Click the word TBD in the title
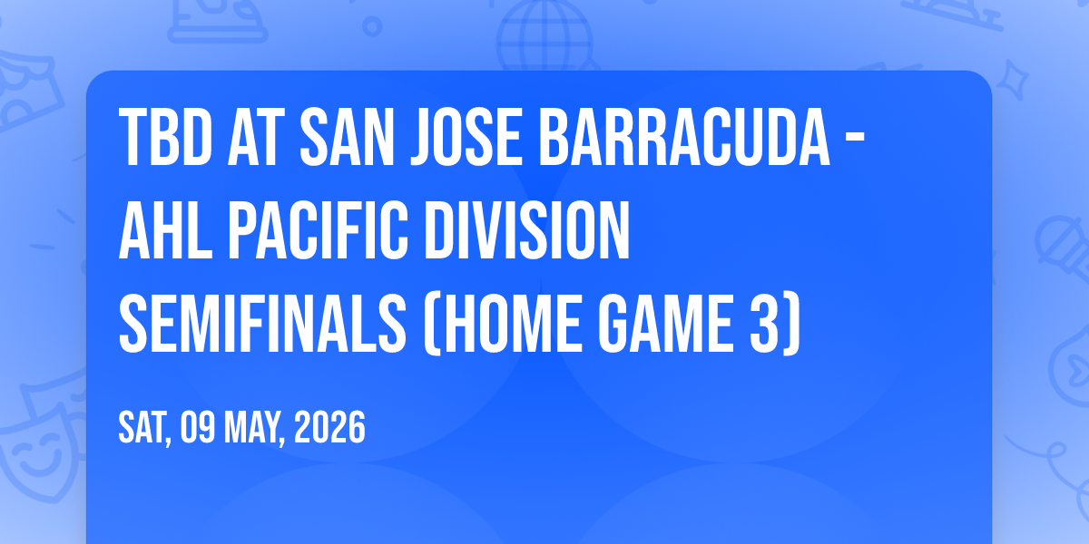[166, 137]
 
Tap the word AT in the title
[256, 137]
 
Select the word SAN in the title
[347, 137]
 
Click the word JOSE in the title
[466, 137]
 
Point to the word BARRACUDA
[684, 137]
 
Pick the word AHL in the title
[165, 230]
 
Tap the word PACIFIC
[318, 230]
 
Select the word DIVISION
[527, 230]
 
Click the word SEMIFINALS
[262, 324]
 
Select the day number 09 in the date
[198, 427]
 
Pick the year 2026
[329, 427]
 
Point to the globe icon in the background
[544, 36]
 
